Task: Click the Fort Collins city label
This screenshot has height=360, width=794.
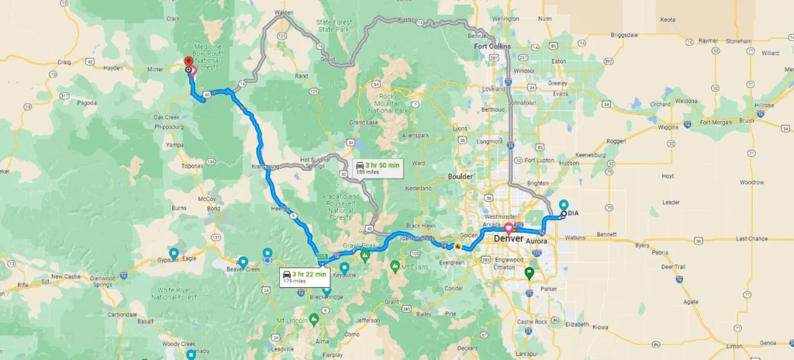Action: tap(493, 47)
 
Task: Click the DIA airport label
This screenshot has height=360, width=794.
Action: tap(573, 213)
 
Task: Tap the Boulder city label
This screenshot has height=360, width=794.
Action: tap(461, 176)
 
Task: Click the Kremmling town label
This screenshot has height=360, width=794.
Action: tap(265, 167)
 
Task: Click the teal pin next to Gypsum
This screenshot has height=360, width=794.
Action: tap(174, 254)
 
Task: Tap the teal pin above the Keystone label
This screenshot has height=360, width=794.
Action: tap(344, 268)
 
